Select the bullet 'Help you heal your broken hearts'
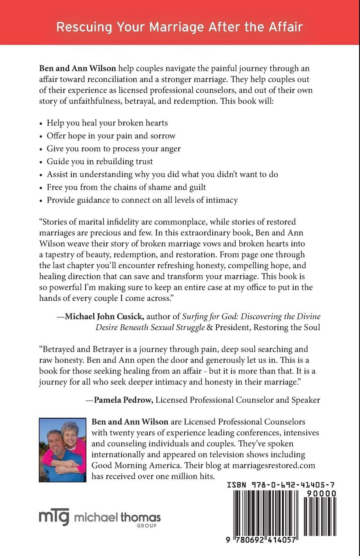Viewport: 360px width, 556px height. pyautogui.click(x=107, y=123)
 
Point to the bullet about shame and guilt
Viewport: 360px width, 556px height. pyautogui.click(x=126, y=187)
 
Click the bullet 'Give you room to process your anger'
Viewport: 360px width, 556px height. pyautogui.click(x=114, y=148)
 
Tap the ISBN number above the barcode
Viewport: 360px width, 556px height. pyautogui.click(x=281, y=485)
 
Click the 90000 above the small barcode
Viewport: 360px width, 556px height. pyautogui.click(x=320, y=493)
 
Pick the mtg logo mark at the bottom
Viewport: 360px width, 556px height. pyautogui.click(x=54, y=517)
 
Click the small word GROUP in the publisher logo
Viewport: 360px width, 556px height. pyautogui.click(x=146, y=526)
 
